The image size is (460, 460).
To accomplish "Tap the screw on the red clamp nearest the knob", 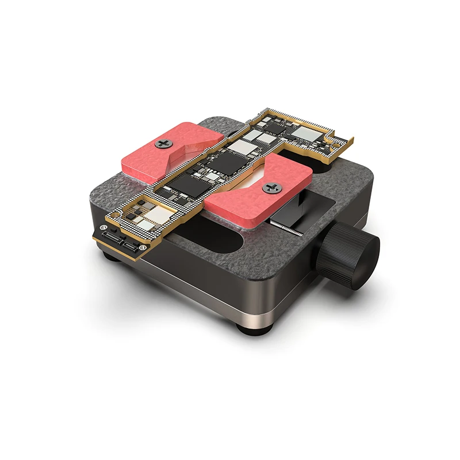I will [270, 187].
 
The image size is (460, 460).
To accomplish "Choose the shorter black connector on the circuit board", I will [132, 246].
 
